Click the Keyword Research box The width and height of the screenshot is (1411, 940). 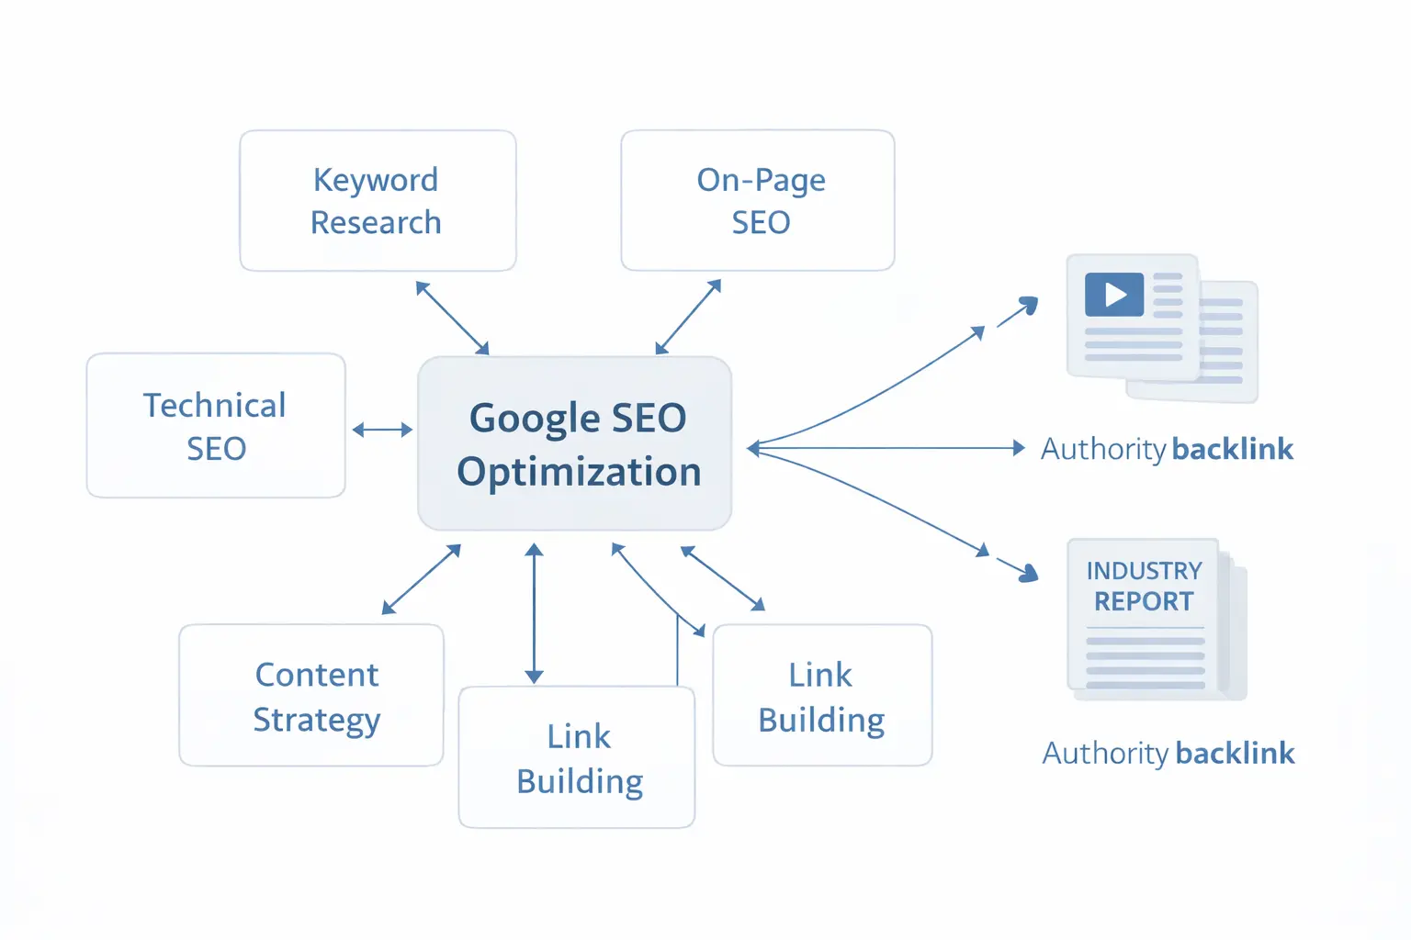(x=378, y=201)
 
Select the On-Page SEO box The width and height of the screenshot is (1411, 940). (x=758, y=201)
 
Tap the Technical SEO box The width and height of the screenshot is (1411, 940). (x=216, y=426)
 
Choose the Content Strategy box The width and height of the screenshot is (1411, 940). (x=311, y=696)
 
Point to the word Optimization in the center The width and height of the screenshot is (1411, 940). (x=579, y=472)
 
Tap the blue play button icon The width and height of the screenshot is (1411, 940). (x=1114, y=295)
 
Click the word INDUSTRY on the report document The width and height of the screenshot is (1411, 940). (x=1144, y=571)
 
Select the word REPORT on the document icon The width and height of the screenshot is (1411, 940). (x=1144, y=602)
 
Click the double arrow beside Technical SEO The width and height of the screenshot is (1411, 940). (x=382, y=430)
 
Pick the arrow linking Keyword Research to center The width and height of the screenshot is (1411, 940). (x=452, y=318)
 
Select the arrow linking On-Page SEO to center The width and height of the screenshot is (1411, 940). (x=688, y=317)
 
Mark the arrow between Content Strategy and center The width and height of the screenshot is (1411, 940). (x=421, y=579)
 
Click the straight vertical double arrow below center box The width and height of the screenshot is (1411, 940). (x=534, y=613)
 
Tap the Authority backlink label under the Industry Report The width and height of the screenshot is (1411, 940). (x=1168, y=754)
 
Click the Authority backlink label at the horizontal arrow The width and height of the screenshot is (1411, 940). (x=1167, y=449)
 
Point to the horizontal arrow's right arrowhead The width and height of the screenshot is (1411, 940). (x=1018, y=448)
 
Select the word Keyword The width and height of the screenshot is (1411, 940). (x=376, y=180)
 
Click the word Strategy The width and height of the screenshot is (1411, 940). (x=316, y=720)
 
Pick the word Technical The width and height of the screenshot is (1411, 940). (x=215, y=406)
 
